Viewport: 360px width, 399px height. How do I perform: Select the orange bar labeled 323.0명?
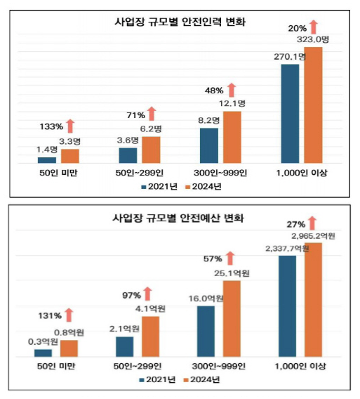(312, 105)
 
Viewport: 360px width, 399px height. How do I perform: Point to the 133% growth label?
(51, 127)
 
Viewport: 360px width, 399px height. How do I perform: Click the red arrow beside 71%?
(151, 114)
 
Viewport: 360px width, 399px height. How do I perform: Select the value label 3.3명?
(70, 141)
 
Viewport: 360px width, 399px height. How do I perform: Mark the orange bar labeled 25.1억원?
(232, 319)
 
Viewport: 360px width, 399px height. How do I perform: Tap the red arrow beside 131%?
(69, 316)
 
